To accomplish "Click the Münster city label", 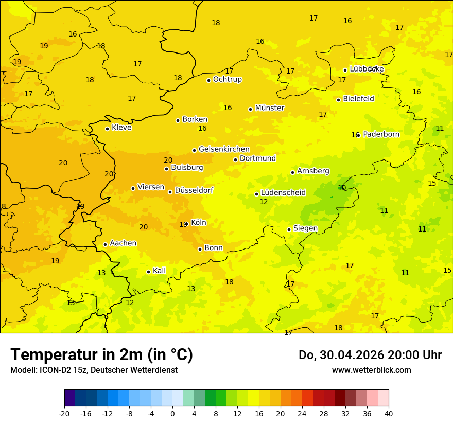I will [269, 108].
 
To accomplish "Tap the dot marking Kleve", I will [107, 129].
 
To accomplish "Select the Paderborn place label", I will [381, 134].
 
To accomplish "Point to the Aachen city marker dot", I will [105, 244].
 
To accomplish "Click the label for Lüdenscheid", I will [283, 193].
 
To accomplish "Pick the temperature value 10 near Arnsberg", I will [342, 188].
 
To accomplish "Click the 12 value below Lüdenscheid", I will [264, 202].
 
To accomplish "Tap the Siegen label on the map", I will [305, 228].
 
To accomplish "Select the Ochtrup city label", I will [227, 79].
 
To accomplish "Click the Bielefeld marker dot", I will [338, 100].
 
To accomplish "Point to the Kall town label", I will [159, 271].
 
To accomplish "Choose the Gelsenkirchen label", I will [224, 149].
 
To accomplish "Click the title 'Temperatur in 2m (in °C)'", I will [101, 354].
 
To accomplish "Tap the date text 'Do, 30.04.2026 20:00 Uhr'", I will [370, 355].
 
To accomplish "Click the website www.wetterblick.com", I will [371, 370].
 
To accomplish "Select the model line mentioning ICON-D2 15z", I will [94, 370].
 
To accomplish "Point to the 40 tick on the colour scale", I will [389, 414].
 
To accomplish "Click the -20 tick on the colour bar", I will [64, 414].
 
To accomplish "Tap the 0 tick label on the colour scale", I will [172, 414].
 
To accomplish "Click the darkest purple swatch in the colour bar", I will [69, 398].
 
